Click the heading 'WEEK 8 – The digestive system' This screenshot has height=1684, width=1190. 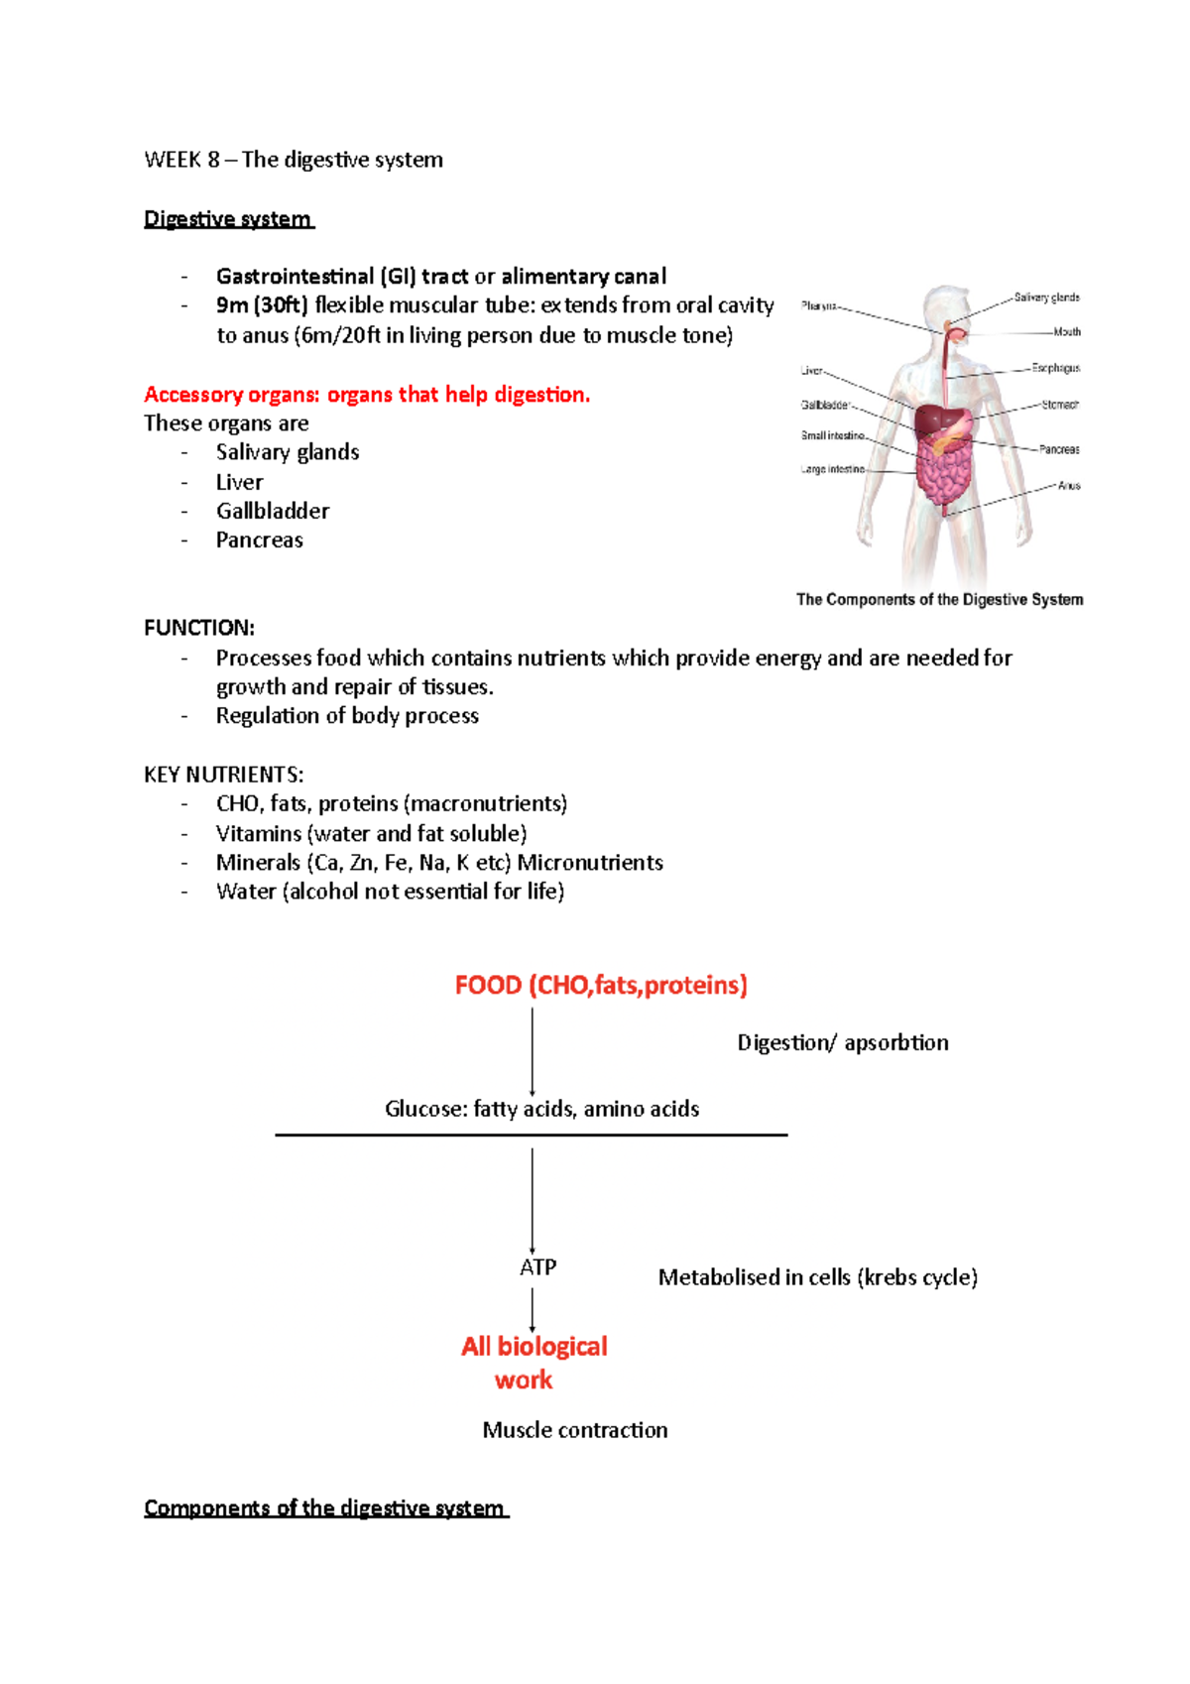pyautogui.click(x=294, y=160)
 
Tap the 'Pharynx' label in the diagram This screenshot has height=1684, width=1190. pyautogui.click(x=818, y=306)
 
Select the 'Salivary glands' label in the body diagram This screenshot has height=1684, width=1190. pyautogui.click(x=1046, y=298)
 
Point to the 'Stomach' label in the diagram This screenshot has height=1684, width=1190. pyautogui.click(x=1059, y=405)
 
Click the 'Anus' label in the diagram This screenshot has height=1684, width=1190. pyautogui.click(x=1068, y=486)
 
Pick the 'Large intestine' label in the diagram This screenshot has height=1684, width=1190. pyautogui.click(x=832, y=469)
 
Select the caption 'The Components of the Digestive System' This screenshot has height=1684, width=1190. pyautogui.click(x=939, y=599)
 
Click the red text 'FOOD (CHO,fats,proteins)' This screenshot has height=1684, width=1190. pyautogui.click(x=601, y=985)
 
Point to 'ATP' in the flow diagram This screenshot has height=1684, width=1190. pyautogui.click(x=537, y=1266)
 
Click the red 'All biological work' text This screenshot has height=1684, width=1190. pyautogui.click(x=534, y=1362)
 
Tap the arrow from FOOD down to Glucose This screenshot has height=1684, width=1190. pyautogui.click(x=533, y=1051)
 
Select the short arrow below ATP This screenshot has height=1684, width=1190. pyautogui.click(x=533, y=1309)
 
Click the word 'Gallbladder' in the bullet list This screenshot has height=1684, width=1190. pyautogui.click(x=273, y=511)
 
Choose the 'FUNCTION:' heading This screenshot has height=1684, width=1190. pyautogui.click(x=199, y=628)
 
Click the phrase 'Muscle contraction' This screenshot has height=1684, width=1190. pyautogui.click(x=575, y=1429)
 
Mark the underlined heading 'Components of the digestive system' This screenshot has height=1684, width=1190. pyautogui.click(x=325, y=1507)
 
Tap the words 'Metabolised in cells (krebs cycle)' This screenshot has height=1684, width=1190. pyautogui.click(x=817, y=1277)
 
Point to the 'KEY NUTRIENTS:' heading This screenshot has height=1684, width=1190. pyautogui.click(x=224, y=775)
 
